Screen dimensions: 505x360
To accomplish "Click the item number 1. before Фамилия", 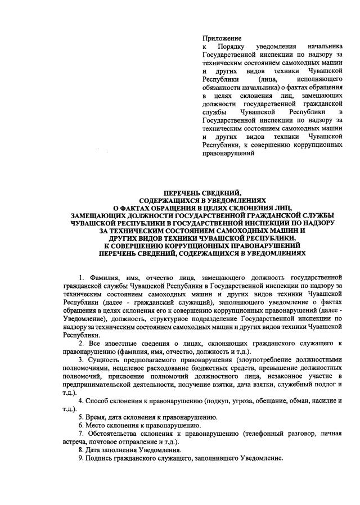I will pyautogui.click(x=82, y=278).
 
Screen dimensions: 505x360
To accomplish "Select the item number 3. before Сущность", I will pyautogui.click(x=82, y=359).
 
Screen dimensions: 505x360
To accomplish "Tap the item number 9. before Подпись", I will pyautogui.click(x=81, y=458).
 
